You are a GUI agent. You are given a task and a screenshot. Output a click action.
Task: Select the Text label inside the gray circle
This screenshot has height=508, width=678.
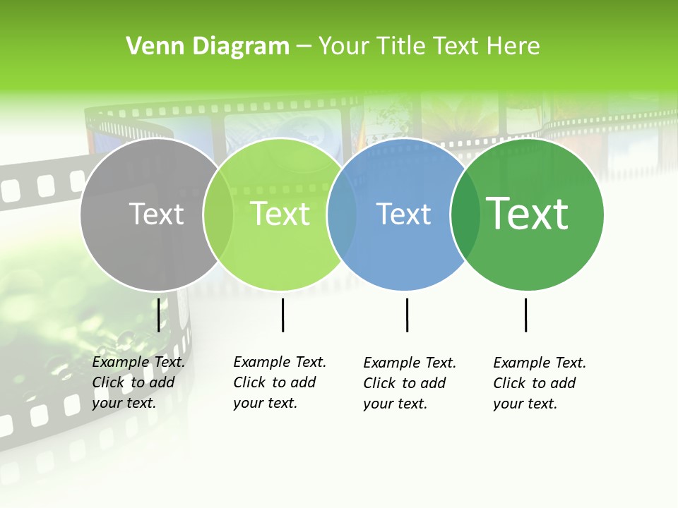(x=157, y=214)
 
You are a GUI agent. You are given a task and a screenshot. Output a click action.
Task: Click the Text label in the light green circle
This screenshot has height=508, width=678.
(x=280, y=214)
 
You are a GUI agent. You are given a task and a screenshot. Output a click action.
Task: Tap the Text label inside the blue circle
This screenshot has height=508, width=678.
(x=403, y=214)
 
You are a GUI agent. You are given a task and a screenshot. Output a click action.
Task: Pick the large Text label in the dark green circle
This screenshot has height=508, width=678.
(x=528, y=214)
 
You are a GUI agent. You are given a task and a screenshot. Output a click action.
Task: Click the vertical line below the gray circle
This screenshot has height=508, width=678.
(x=158, y=315)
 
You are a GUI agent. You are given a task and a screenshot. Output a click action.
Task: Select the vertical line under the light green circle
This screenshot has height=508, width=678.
(x=282, y=315)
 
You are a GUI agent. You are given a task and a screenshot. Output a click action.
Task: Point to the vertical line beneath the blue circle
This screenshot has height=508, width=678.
(x=407, y=315)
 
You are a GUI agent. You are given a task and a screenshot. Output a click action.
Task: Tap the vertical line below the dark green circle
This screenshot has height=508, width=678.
(x=525, y=315)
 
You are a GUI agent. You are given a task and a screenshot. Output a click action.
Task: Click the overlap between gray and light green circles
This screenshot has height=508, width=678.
(x=218, y=214)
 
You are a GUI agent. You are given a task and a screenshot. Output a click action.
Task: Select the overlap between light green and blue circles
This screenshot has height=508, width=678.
(x=342, y=214)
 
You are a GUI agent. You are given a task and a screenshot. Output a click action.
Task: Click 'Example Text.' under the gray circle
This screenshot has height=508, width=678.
(x=138, y=362)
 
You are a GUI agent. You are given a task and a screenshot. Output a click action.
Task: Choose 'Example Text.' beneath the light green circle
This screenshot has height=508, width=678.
(x=280, y=362)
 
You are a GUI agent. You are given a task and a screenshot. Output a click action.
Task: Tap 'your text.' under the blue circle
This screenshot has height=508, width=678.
(x=395, y=404)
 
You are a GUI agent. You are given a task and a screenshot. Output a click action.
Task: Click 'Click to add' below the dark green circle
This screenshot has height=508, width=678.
(x=535, y=383)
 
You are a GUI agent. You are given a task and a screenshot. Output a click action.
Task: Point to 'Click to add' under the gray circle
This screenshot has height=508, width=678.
(x=133, y=382)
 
